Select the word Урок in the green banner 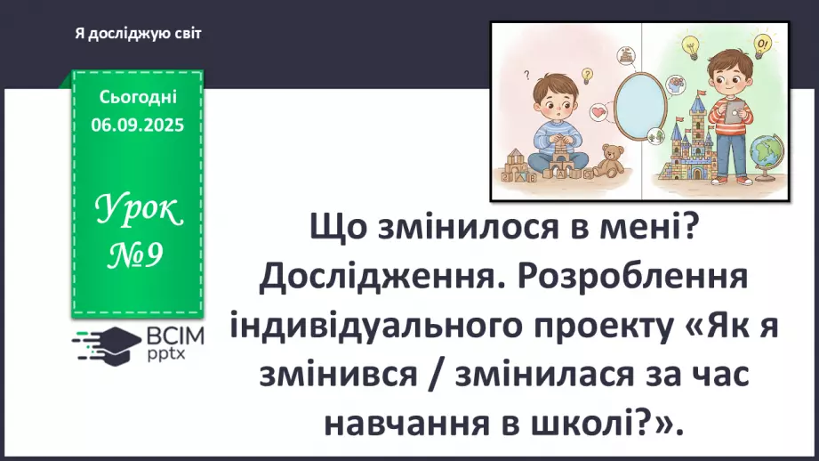(x=137, y=211)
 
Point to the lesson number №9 (x=137, y=257)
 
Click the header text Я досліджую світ (x=138, y=33)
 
